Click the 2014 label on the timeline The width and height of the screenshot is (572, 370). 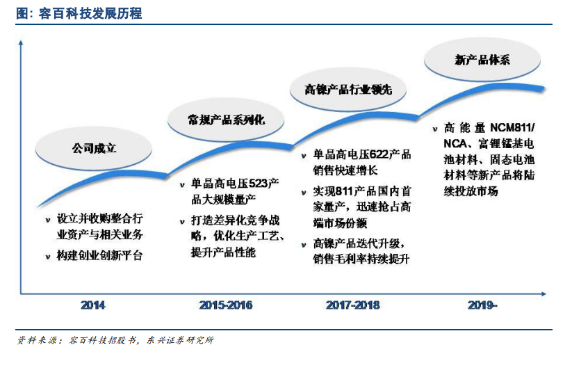click(x=92, y=305)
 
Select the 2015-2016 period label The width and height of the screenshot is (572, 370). click(x=226, y=305)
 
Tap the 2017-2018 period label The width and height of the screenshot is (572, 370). click(x=353, y=305)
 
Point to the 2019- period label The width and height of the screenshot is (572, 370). click(x=482, y=305)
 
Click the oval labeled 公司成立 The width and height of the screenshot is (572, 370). click(x=93, y=149)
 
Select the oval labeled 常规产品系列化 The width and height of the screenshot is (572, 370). click(x=226, y=120)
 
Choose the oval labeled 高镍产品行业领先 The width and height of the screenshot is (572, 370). click(x=348, y=90)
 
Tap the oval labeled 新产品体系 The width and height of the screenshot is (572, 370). click(x=482, y=60)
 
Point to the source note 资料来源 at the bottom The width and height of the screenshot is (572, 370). click(x=115, y=340)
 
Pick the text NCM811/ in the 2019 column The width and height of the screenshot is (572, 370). click(x=512, y=128)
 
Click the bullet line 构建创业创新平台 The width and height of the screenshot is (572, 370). click(x=99, y=255)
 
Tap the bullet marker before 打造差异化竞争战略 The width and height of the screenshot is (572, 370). click(x=182, y=221)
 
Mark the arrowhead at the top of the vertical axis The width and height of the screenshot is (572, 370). click(x=21, y=42)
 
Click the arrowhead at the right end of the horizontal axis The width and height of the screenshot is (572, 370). click(x=544, y=293)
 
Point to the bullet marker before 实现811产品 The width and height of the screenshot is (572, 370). click(x=304, y=192)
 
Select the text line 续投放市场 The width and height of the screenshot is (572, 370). click(x=471, y=191)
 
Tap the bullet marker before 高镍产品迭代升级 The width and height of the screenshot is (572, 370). click(x=304, y=245)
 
